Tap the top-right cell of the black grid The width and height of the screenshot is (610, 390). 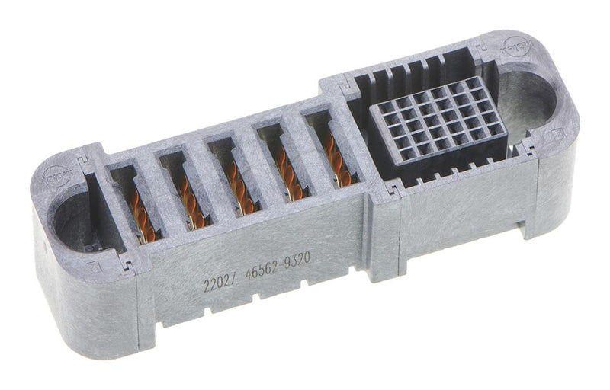point(474,84)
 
